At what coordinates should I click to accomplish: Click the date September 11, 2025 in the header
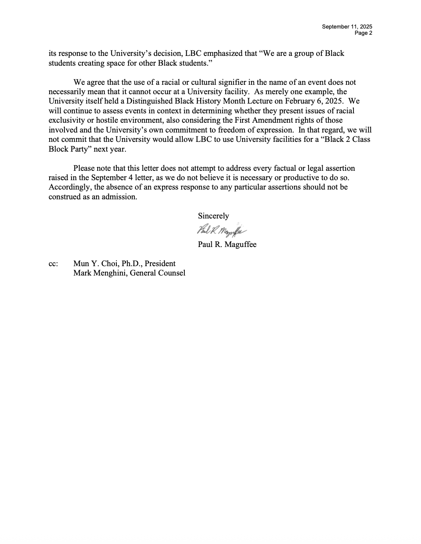(347, 27)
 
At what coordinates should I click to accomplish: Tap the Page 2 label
(363, 33)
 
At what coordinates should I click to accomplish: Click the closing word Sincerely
(213, 216)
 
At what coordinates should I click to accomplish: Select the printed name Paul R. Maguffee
(227, 245)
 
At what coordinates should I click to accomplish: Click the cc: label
(53, 264)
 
